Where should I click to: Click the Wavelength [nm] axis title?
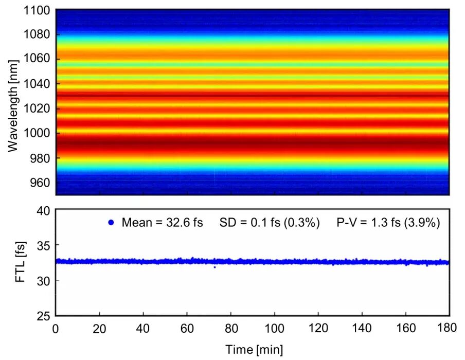[x=13, y=102]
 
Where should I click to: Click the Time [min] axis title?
[x=253, y=350]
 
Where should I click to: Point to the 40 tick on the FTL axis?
[x=44, y=211]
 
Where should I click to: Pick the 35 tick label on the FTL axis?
[x=44, y=246]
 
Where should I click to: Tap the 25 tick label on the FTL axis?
[x=44, y=316]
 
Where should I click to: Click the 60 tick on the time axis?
[x=187, y=330]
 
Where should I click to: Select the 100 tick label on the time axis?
[x=275, y=330]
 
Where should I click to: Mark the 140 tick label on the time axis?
[x=362, y=330]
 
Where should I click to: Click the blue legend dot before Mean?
[x=111, y=223]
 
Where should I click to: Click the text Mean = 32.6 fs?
[x=162, y=223]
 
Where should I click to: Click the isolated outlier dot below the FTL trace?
[x=214, y=267]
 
